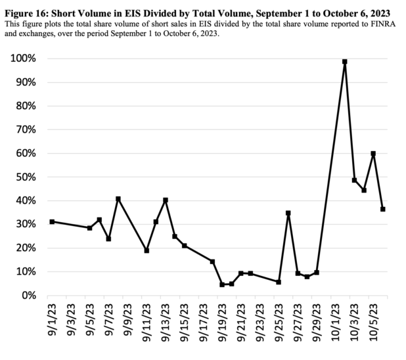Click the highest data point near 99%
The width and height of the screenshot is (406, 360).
344,62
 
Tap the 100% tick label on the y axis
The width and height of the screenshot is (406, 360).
23,58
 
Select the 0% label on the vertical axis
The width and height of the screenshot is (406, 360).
29,295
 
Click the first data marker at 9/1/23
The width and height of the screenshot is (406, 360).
52,221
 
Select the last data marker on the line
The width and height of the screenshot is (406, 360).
382,209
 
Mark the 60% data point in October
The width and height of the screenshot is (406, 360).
373,154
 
